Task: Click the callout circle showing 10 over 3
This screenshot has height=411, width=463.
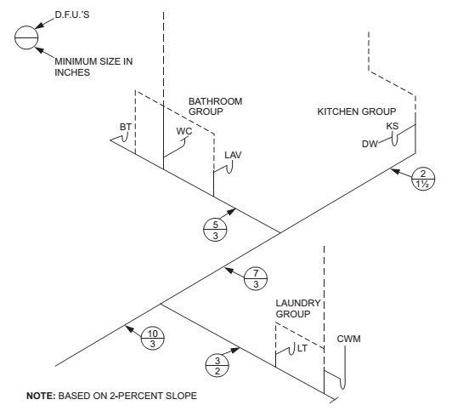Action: pos(152,339)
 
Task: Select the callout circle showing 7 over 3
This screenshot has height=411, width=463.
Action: pos(256,278)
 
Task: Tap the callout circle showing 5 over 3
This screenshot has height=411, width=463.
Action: pos(215,230)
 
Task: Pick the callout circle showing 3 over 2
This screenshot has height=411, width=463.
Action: pos(217,365)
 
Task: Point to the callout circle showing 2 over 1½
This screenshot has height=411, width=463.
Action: pos(423,179)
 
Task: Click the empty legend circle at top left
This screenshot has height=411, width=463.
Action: pos(26,37)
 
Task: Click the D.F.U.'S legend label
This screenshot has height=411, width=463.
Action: pos(72,14)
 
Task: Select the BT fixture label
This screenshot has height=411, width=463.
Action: pos(126,127)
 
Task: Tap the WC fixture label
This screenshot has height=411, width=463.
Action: pos(184,131)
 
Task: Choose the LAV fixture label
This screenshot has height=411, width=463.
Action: pos(233,155)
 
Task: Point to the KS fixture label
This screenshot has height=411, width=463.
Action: pos(392,126)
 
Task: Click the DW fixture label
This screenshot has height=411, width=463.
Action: pos(370,144)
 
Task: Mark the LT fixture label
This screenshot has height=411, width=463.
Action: pos(302,348)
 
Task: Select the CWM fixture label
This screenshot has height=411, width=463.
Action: pos(348,339)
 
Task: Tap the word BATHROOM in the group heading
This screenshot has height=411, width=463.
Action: pos(216,101)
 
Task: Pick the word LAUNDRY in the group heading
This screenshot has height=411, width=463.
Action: pos(298,304)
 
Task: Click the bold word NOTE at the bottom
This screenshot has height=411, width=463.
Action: pos(41,396)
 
